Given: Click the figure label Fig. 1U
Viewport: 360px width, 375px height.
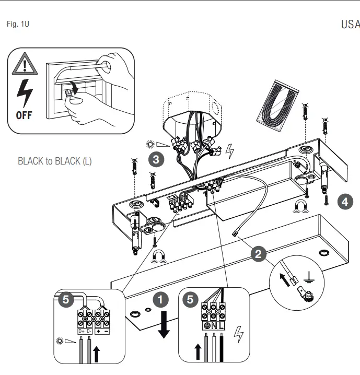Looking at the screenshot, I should (18, 24).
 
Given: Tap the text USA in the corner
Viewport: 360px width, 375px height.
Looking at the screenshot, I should (350, 25).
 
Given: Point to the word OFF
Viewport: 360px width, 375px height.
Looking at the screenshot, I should (24, 115).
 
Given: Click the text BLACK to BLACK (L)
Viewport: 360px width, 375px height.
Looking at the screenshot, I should (55, 161).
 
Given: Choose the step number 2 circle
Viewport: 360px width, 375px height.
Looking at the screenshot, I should (257, 254).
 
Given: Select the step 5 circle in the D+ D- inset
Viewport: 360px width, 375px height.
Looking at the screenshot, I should (65, 299).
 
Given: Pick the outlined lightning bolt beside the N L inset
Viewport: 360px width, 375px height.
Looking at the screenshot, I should (239, 334).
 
